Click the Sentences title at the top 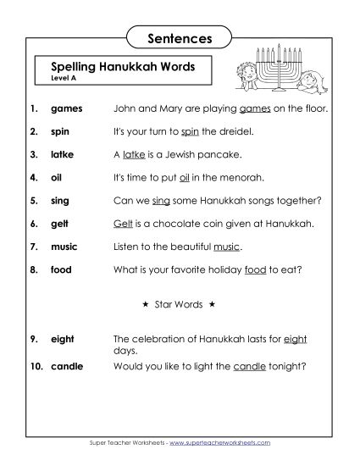(x=179, y=37)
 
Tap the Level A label (x=64, y=78)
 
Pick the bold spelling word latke (x=64, y=155)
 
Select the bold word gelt (x=61, y=225)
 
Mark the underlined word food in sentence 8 (x=255, y=269)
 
